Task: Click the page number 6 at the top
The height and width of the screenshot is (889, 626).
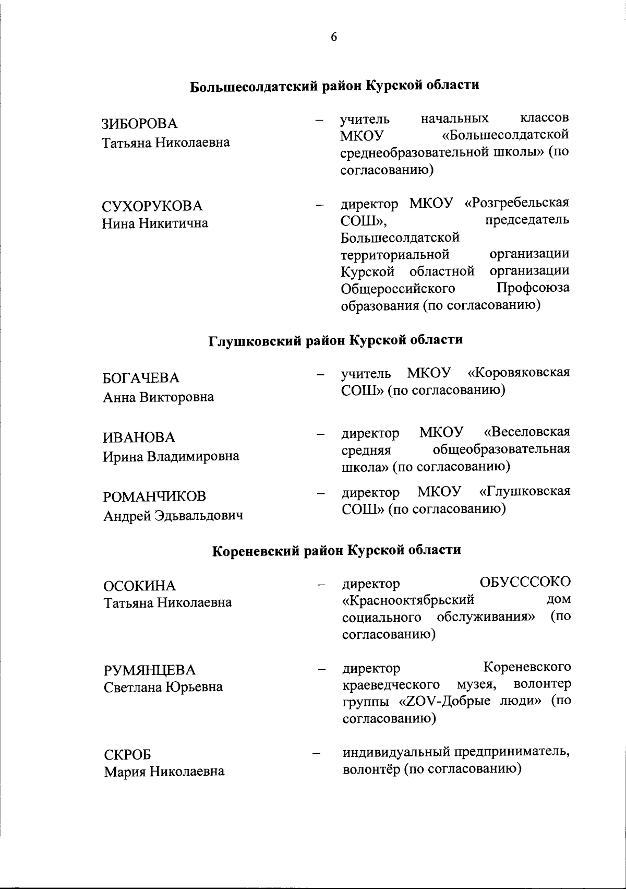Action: coord(334,37)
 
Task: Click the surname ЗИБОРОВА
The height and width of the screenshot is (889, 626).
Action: coord(139,124)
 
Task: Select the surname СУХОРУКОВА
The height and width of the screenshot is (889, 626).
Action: coord(152,206)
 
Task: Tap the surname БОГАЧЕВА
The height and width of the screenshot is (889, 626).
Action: coord(141,377)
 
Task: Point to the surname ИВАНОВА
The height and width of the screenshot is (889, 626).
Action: coord(139,437)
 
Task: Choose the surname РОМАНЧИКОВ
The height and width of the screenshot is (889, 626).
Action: coord(155,496)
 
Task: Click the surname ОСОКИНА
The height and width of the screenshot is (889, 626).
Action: coord(140,586)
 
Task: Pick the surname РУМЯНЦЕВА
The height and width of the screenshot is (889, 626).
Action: coord(150,670)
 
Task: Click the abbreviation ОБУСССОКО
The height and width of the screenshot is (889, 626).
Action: coord(525,582)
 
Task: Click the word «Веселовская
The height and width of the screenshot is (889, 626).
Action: coord(526,432)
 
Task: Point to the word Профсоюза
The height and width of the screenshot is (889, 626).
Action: coord(533,288)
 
